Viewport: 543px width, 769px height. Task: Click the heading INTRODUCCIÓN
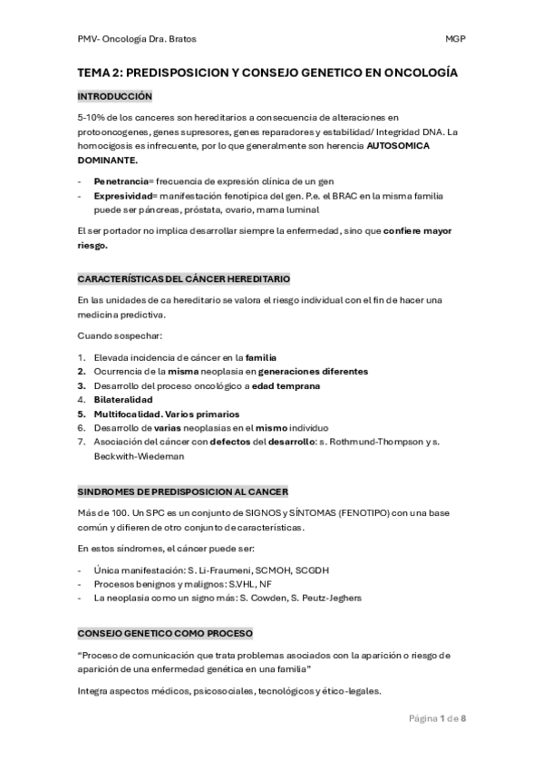[114, 96]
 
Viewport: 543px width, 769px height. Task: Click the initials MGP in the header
[454, 39]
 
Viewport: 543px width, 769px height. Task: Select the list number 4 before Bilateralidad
[82, 399]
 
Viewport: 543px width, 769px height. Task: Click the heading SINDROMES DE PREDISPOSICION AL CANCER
[182, 492]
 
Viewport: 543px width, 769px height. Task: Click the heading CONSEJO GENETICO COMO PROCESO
[165, 633]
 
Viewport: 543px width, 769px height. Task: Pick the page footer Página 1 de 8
[437, 718]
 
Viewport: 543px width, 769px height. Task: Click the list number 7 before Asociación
[82, 442]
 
